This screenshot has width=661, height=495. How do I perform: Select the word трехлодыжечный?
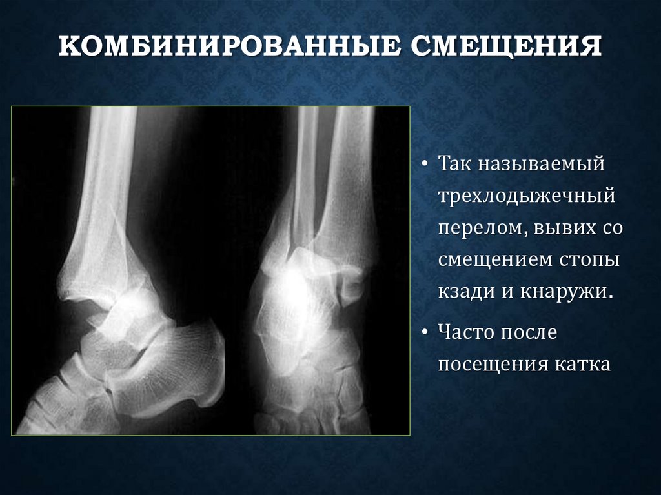click(x=526, y=196)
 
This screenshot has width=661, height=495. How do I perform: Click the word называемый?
click(x=542, y=164)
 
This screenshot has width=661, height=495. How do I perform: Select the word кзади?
click(x=466, y=291)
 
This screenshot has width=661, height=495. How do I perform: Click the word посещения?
click(x=492, y=365)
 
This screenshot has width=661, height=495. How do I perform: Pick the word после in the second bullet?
click(x=534, y=333)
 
